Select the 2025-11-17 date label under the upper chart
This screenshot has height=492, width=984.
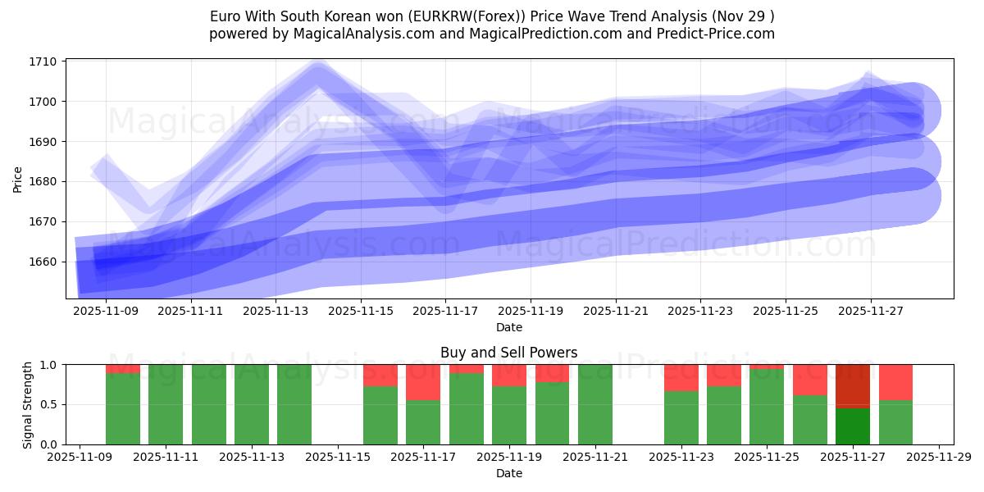[445, 312]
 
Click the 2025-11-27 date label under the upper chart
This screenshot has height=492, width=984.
[870, 312]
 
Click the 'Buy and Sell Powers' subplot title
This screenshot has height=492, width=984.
[508, 353]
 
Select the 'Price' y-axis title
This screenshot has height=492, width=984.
[18, 178]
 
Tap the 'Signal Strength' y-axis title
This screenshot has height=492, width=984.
[28, 404]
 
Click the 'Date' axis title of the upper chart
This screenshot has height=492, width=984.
[508, 327]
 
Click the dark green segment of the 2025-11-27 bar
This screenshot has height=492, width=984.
[853, 426]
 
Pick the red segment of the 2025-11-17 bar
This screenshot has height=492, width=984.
[423, 382]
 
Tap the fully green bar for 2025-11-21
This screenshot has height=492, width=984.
[595, 404]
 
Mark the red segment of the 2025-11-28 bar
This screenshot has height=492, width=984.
[895, 382]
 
